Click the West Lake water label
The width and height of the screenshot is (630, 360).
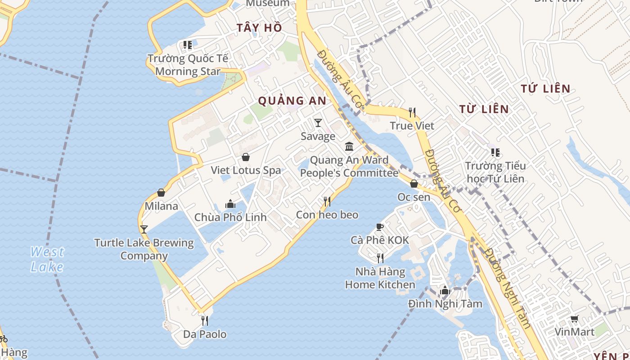point(47,259)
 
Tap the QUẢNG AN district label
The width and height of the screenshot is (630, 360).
point(292,101)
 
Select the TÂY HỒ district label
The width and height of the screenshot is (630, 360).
point(259,28)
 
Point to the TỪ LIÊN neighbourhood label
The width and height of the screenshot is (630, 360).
point(484,109)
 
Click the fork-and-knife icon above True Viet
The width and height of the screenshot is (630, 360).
point(412,112)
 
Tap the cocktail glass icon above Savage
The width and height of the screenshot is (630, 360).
point(318,122)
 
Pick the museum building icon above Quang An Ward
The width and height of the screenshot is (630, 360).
point(349,146)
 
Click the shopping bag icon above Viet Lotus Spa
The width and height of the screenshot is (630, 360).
point(246,157)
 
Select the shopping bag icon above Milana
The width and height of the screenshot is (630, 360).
point(161,193)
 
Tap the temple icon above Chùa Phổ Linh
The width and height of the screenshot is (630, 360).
point(230,204)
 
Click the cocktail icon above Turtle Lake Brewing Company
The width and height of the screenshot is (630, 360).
point(144,229)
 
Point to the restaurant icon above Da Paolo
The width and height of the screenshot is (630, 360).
point(205,320)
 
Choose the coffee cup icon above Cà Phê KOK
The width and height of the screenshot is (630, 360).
point(380,227)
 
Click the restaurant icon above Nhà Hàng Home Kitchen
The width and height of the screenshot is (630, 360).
point(380,258)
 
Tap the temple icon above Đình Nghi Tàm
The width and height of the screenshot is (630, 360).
point(445,290)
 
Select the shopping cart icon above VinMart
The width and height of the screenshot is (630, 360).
point(575,319)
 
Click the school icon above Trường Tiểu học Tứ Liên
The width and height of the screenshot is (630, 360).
point(495,153)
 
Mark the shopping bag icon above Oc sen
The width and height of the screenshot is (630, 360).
point(414,184)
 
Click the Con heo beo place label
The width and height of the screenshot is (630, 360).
point(327,215)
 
